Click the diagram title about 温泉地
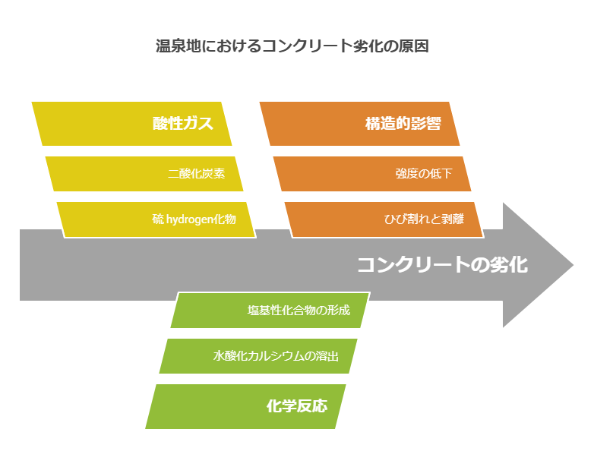click(292, 46)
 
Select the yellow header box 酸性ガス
click(131, 124)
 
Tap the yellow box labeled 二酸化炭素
click(144, 174)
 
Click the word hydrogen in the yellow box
click(189, 219)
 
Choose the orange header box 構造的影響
click(359, 124)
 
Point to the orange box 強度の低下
click(372, 174)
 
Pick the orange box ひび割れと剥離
click(384, 219)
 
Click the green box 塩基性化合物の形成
click(270, 311)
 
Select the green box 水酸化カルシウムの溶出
click(258, 356)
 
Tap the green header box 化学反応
click(245, 406)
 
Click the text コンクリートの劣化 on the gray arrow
click(443, 265)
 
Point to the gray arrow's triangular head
click(538, 265)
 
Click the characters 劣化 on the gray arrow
click(509, 265)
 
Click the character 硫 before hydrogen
click(158, 219)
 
